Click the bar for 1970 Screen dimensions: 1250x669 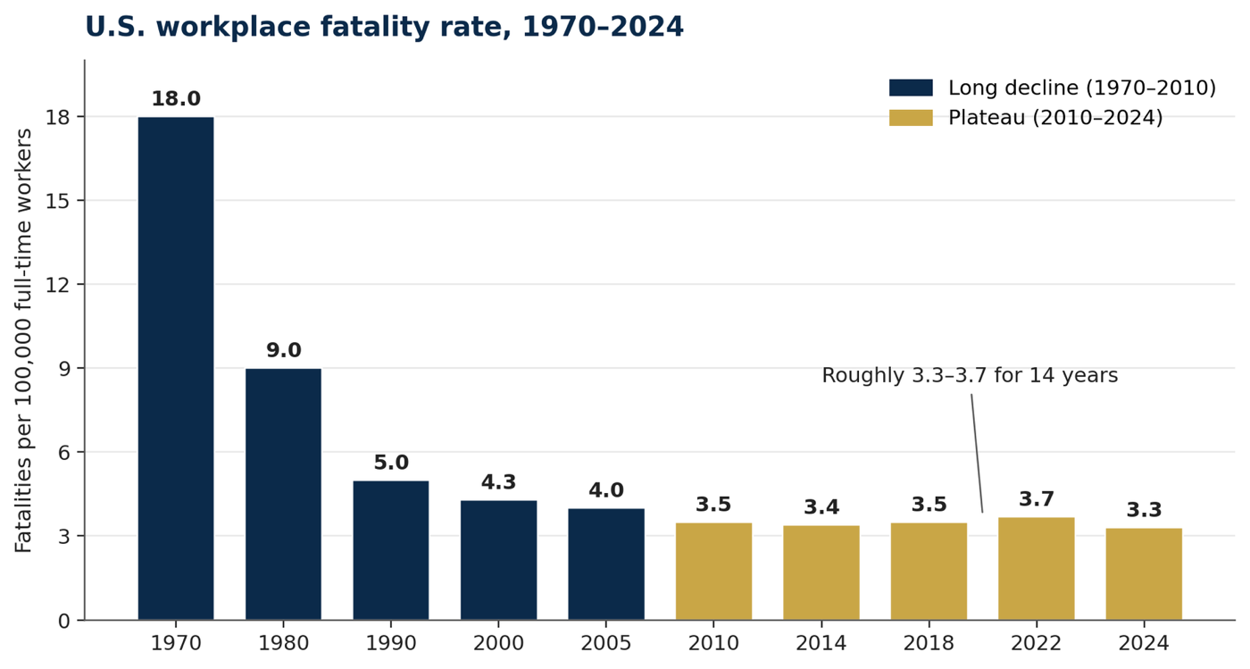pos(176,369)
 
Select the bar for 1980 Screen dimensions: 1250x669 pos(284,494)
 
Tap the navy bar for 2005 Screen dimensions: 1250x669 pos(606,564)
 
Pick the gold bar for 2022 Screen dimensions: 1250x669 pos(1037,568)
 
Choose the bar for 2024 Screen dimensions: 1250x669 pos(1144,574)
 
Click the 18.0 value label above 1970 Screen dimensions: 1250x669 pos(176,99)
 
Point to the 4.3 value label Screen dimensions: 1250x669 pos(498,482)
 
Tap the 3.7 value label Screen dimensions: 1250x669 pos(1037,498)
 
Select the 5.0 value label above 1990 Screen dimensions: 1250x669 pos(391,463)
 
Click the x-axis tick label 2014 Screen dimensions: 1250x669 pos(821,643)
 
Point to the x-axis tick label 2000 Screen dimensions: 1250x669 pos(498,643)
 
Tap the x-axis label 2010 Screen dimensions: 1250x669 pos(713,643)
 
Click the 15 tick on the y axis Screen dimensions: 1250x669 pos(57,201)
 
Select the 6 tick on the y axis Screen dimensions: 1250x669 pos(64,452)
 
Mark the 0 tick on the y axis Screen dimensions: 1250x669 pos(64,621)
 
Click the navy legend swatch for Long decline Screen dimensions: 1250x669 pos(911,88)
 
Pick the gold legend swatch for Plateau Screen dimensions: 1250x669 pos(911,118)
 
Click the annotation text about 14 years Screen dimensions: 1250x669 pos(970,375)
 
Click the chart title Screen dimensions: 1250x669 pos(384,27)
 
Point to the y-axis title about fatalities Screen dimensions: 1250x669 pos(23,340)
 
